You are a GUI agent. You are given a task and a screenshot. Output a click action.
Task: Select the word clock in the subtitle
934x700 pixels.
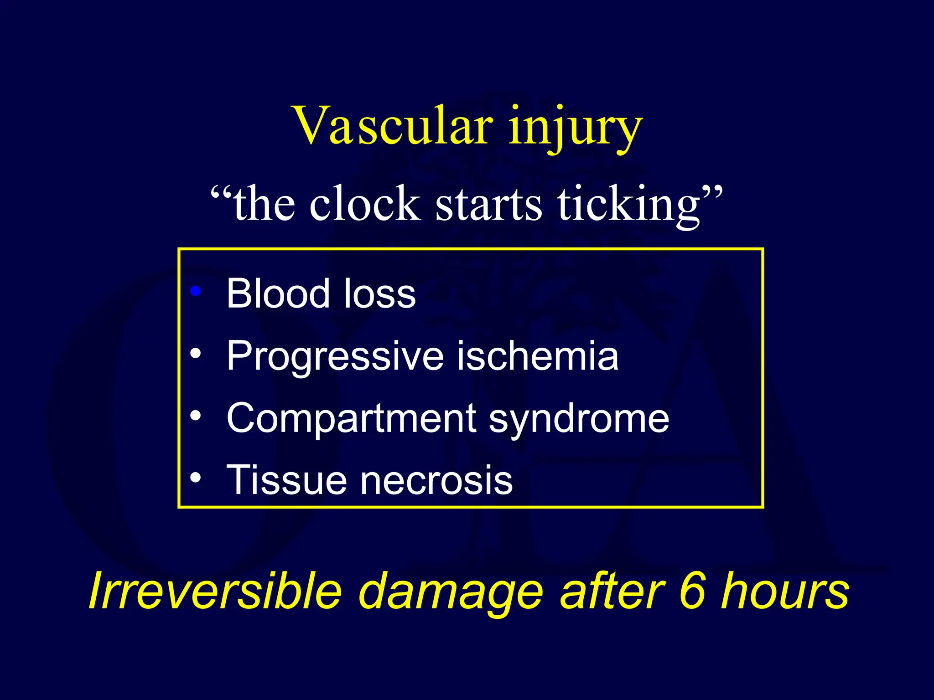(x=364, y=204)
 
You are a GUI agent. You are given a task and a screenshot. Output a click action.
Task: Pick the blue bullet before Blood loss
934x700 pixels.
(x=196, y=291)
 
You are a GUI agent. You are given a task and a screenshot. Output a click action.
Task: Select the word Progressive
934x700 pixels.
(x=335, y=356)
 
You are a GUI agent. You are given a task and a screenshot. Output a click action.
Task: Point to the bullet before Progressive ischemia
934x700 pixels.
(x=196, y=353)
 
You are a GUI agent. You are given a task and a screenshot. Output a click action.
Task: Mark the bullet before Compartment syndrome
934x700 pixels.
(x=196, y=416)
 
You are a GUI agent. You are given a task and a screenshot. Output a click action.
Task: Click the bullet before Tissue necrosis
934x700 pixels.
(x=196, y=478)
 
